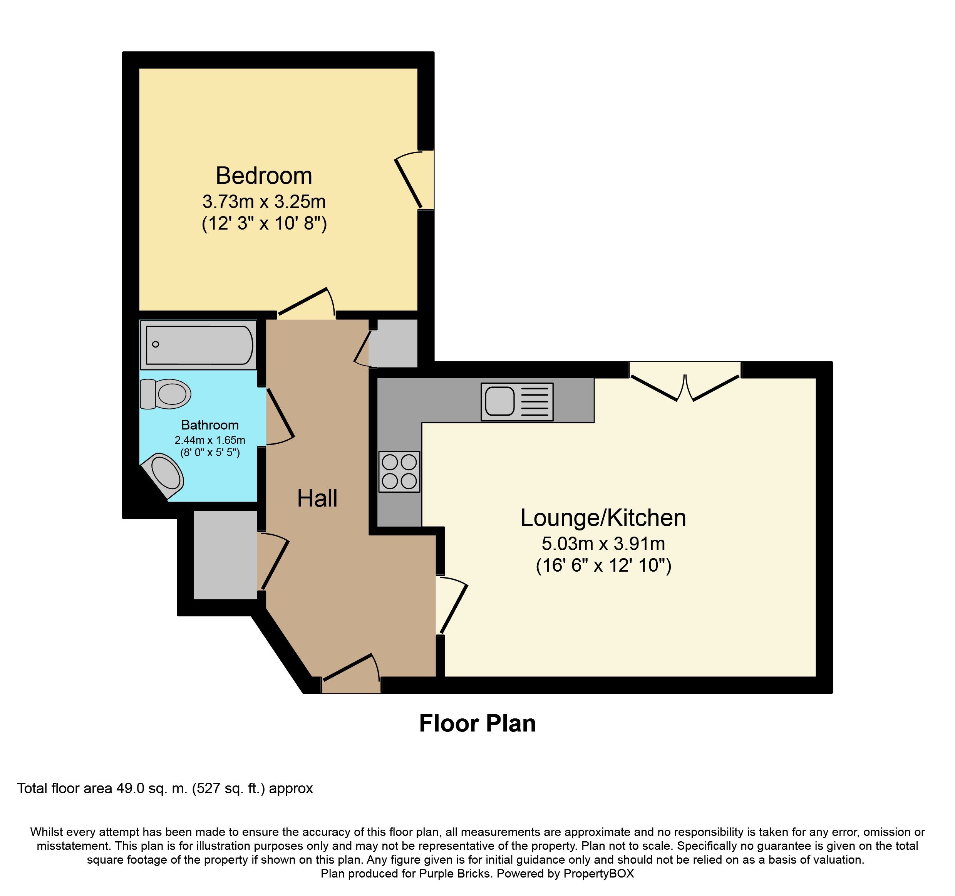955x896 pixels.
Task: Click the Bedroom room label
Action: coord(264,176)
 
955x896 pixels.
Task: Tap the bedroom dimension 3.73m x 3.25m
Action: coord(264,202)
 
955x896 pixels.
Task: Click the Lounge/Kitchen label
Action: coord(603,518)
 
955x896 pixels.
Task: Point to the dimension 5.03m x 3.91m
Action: coord(603,544)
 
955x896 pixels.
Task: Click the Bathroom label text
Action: coord(210,425)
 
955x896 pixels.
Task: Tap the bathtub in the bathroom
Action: coord(198,345)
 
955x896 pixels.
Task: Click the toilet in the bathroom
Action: coord(165,394)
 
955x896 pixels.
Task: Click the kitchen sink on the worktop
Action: coord(517,402)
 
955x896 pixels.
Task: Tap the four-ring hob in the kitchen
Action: coord(399,471)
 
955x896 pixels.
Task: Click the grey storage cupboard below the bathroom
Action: coord(225,554)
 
